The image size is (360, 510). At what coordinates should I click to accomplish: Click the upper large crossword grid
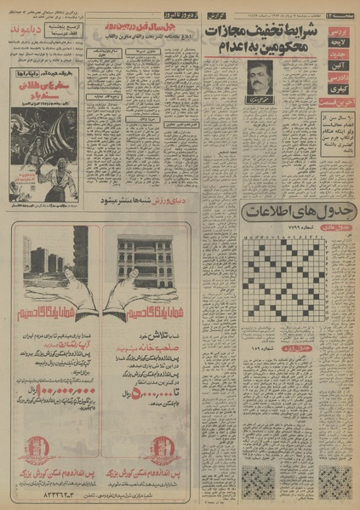pos(287,272)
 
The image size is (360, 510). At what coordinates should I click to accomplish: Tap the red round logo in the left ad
pos(34,447)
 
